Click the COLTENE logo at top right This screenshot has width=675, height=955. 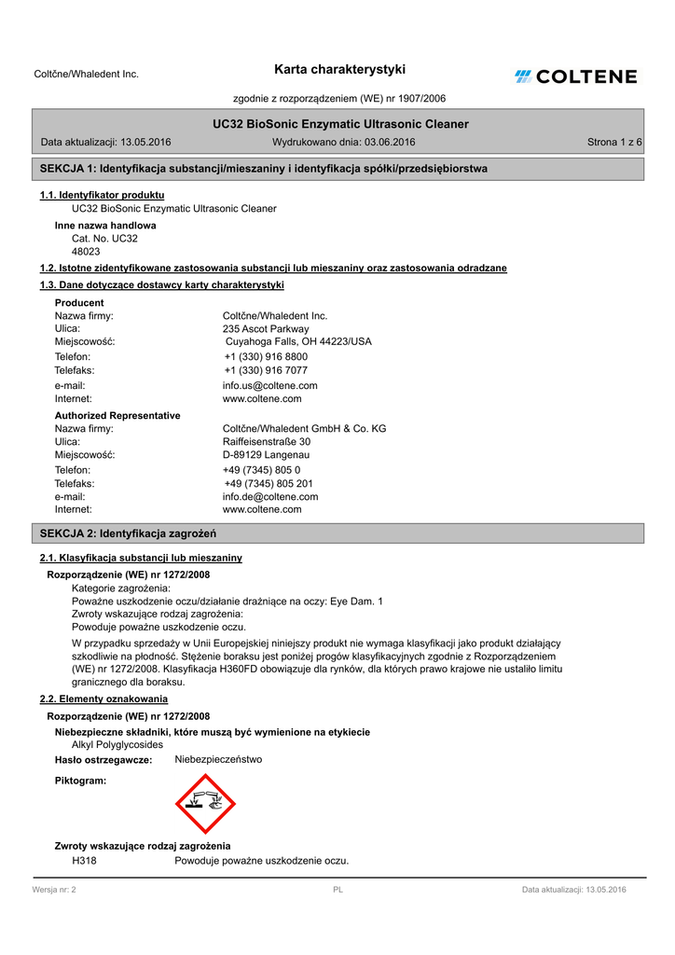click(x=575, y=76)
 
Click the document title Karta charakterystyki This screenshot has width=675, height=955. click(x=340, y=69)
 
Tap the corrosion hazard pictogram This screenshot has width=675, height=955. click(x=205, y=803)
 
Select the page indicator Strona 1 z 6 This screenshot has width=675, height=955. click(x=614, y=142)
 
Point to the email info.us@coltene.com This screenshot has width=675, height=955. click(x=269, y=385)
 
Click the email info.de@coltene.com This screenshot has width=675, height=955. click(x=269, y=497)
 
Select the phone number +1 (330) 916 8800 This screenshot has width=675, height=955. click(x=266, y=357)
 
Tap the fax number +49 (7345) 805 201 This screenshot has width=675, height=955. click(x=269, y=484)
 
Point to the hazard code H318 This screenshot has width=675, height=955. click(x=84, y=860)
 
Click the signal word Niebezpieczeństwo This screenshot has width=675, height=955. click(x=218, y=759)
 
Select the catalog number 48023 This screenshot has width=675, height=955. click(x=86, y=252)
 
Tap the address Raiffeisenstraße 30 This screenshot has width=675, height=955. click(x=267, y=442)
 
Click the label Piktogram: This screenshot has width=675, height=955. click(x=80, y=780)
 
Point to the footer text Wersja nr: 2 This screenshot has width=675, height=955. click(x=54, y=890)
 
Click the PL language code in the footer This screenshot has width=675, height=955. click(x=337, y=890)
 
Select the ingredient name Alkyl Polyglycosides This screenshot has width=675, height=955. click(x=117, y=745)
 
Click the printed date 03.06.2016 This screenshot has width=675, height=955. click(x=390, y=142)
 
